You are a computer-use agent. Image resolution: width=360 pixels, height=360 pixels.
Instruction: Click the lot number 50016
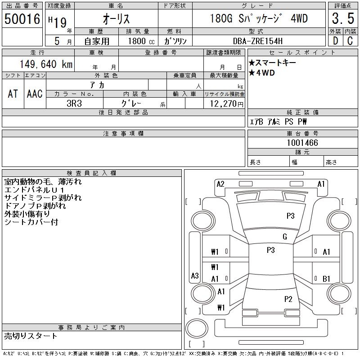(x=22, y=19)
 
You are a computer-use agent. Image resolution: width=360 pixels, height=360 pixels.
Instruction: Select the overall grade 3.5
(x=343, y=18)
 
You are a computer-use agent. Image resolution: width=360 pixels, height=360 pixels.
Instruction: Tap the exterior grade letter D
(x=335, y=41)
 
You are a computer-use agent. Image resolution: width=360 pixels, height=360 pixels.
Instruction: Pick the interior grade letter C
(x=350, y=41)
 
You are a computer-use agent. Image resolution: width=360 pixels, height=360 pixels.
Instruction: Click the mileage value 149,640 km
(x=46, y=64)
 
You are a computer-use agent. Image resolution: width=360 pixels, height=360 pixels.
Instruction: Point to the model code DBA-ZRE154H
(x=257, y=41)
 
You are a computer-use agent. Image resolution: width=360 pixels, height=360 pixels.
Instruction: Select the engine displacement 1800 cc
(x=141, y=41)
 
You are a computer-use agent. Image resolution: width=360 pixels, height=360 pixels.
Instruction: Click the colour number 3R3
(x=74, y=103)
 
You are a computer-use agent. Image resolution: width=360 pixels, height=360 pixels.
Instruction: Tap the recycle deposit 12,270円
(x=227, y=104)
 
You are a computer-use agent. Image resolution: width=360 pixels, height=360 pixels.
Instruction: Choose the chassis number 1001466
(x=302, y=143)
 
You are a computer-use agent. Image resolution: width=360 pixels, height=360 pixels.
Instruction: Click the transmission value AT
(x=13, y=94)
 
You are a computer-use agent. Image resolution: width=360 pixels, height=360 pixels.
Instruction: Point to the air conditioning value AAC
(x=35, y=94)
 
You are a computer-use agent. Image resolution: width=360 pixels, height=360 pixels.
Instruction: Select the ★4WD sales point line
(x=262, y=73)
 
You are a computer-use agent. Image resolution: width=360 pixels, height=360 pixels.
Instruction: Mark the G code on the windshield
(x=285, y=237)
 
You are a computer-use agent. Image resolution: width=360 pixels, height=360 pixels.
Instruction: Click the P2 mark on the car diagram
(x=288, y=299)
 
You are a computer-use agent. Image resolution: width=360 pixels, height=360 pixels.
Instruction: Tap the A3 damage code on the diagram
(x=195, y=275)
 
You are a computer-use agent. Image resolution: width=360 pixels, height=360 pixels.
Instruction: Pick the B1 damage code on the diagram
(x=326, y=279)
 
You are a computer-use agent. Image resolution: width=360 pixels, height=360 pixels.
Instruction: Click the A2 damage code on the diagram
(x=220, y=184)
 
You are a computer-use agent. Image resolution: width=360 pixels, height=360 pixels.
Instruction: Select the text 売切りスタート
(x=31, y=336)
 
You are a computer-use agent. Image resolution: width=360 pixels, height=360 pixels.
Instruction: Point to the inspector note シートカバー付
(x=31, y=222)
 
